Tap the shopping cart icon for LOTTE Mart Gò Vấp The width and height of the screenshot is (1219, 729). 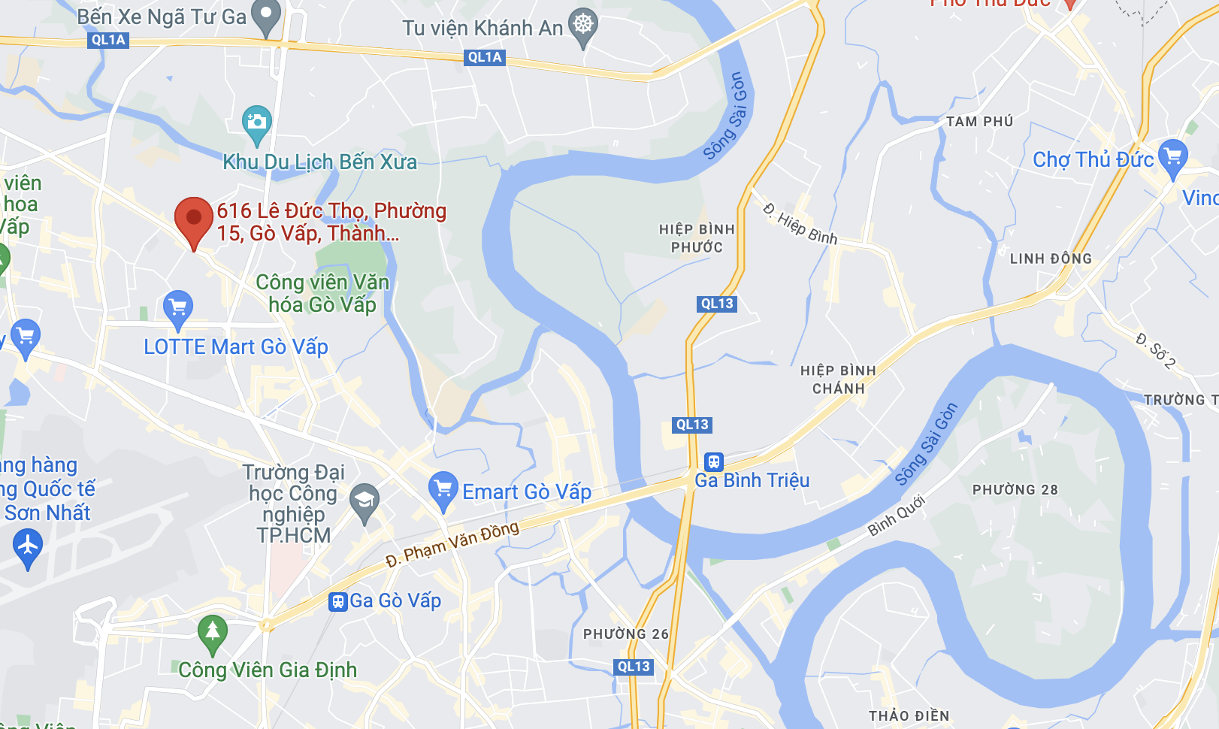(x=178, y=308)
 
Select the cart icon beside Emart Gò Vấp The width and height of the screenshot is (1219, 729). (x=443, y=489)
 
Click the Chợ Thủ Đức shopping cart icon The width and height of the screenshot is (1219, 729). (x=1172, y=157)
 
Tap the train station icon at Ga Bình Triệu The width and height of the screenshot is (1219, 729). (x=713, y=461)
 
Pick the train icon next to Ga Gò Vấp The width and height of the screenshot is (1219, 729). (x=338, y=601)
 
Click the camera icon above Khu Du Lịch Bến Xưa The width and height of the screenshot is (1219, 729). (x=256, y=123)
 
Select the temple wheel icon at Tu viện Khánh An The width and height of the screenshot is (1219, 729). (x=583, y=25)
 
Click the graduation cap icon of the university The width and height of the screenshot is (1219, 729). (x=364, y=501)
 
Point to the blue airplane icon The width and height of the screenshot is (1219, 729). (x=28, y=545)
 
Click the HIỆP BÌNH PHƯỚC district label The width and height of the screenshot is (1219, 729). (x=697, y=238)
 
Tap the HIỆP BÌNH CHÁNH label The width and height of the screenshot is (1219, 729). (x=838, y=380)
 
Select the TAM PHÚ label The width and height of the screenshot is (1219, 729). (x=979, y=122)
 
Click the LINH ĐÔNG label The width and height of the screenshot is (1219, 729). (x=1051, y=259)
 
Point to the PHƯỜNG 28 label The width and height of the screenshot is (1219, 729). (x=1015, y=490)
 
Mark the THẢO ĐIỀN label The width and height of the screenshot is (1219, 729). (x=909, y=715)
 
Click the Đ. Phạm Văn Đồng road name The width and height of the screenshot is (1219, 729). (x=452, y=544)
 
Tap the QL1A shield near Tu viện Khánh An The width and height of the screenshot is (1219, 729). (x=485, y=57)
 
